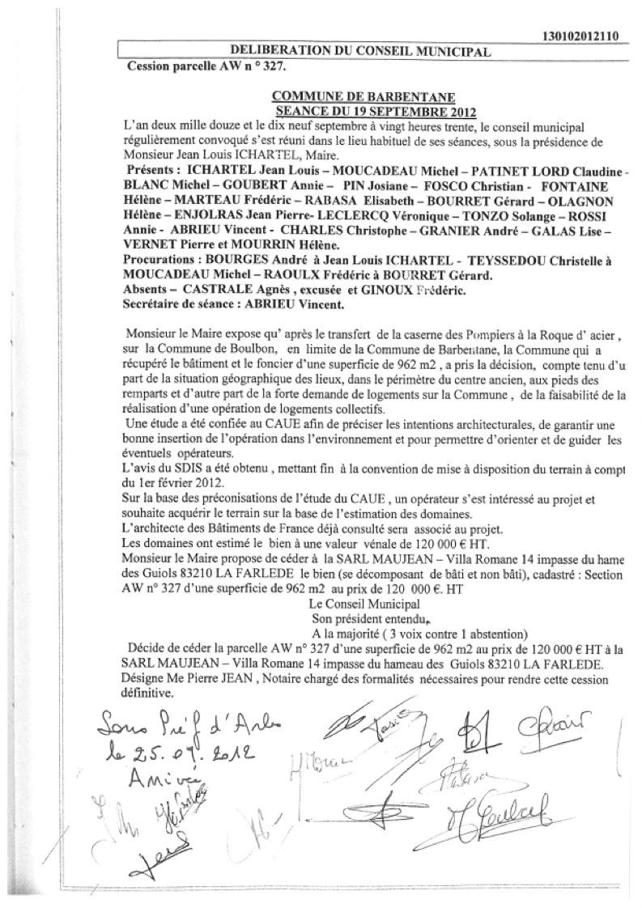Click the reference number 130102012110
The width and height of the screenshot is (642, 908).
578,36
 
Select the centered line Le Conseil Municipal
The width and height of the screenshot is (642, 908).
364,603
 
